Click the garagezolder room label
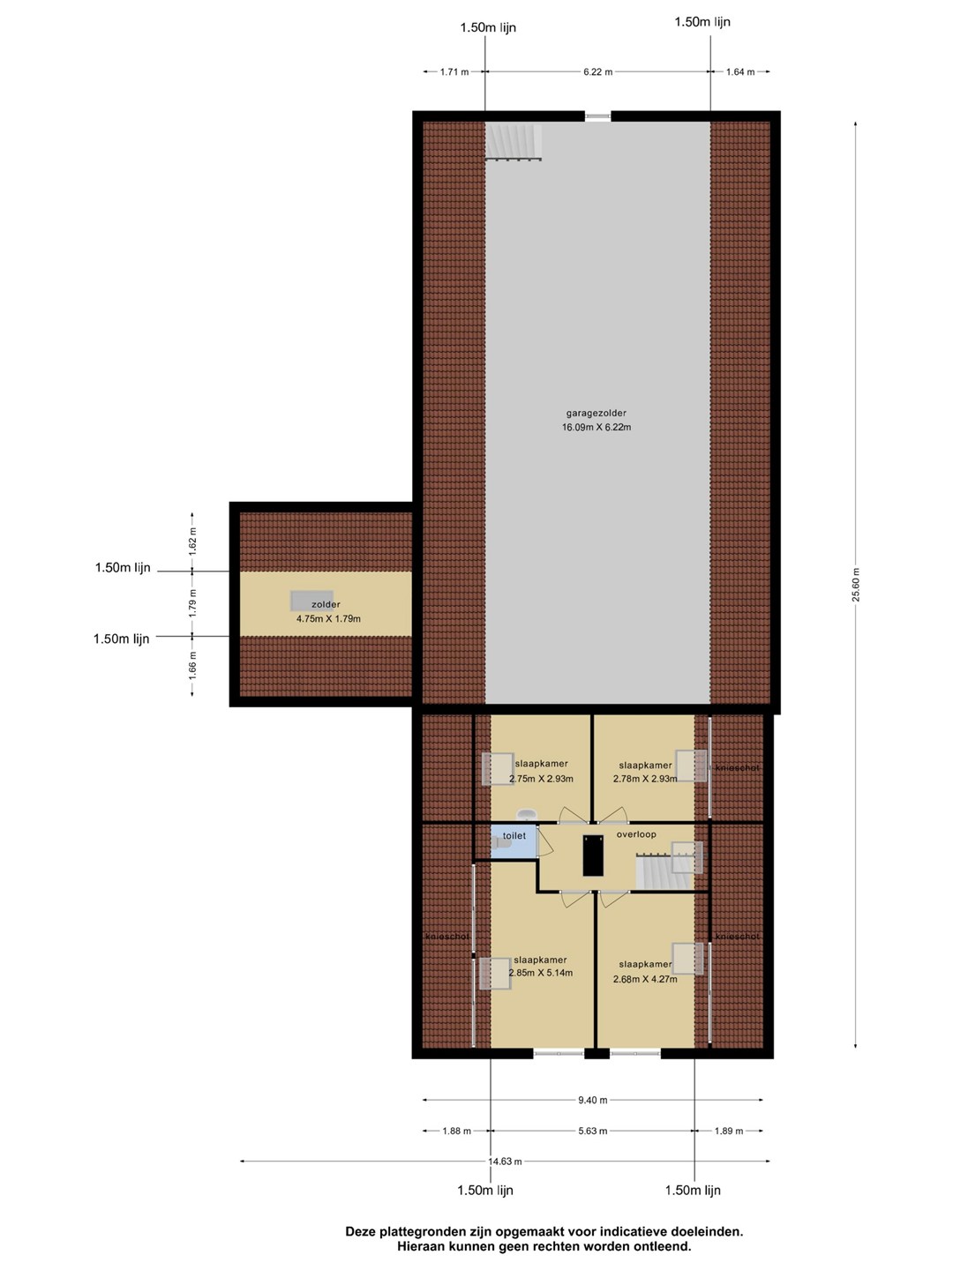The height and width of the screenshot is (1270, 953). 596,413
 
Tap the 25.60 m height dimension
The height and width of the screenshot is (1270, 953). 856,585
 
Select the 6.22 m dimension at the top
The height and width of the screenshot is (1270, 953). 597,71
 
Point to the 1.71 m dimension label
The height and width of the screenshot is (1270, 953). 454,71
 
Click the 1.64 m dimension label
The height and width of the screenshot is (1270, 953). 740,71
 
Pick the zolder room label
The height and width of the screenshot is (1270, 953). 326,605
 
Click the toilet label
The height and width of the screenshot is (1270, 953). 514,835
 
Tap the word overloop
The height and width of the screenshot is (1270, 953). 636,834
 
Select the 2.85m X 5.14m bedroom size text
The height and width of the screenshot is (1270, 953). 540,973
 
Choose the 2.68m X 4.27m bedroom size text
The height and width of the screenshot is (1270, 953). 644,979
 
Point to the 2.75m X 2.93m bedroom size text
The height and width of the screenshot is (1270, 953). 541,778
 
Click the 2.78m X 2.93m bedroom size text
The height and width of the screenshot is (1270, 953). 645,778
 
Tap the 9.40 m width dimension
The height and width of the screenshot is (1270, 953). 592,1100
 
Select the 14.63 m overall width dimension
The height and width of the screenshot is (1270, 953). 505,1161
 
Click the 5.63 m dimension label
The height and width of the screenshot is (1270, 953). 592,1131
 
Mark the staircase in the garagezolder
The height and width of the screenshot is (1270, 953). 514,142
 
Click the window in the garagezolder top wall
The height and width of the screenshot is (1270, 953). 597,116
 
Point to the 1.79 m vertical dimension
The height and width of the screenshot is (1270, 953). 192,603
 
